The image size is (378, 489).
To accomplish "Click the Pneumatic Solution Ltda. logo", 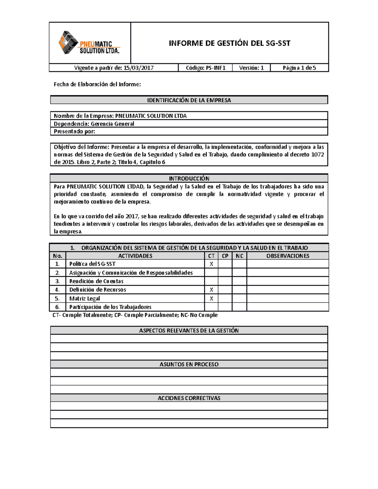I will click(89, 43).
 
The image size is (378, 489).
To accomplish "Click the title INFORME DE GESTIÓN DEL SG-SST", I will click(229, 43).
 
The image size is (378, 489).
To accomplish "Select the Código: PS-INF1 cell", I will click(205, 68).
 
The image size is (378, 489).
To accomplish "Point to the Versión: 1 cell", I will click(251, 68).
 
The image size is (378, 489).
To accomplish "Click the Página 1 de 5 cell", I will click(299, 68).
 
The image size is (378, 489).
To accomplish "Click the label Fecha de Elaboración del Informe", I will click(97, 84).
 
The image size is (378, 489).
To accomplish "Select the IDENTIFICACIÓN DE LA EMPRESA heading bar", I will click(189, 100).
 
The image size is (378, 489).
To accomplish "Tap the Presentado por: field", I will click(74, 131).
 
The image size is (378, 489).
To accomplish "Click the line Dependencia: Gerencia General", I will click(94, 124).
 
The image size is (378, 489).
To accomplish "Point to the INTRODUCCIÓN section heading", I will click(189, 178).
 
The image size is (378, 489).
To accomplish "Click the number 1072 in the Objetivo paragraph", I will click(318, 154).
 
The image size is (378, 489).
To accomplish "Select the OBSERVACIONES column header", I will click(288, 256).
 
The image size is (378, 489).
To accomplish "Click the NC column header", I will click(239, 256).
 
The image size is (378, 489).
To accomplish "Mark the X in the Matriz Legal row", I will click(211, 299).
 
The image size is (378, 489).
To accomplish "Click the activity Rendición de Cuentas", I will click(96, 281).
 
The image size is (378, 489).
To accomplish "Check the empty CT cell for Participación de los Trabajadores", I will click(211, 307).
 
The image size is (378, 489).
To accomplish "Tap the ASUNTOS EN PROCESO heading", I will click(189, 364).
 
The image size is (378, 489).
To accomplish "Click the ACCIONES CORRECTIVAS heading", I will click(189, 398).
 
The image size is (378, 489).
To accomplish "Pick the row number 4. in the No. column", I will click(57, 290).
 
